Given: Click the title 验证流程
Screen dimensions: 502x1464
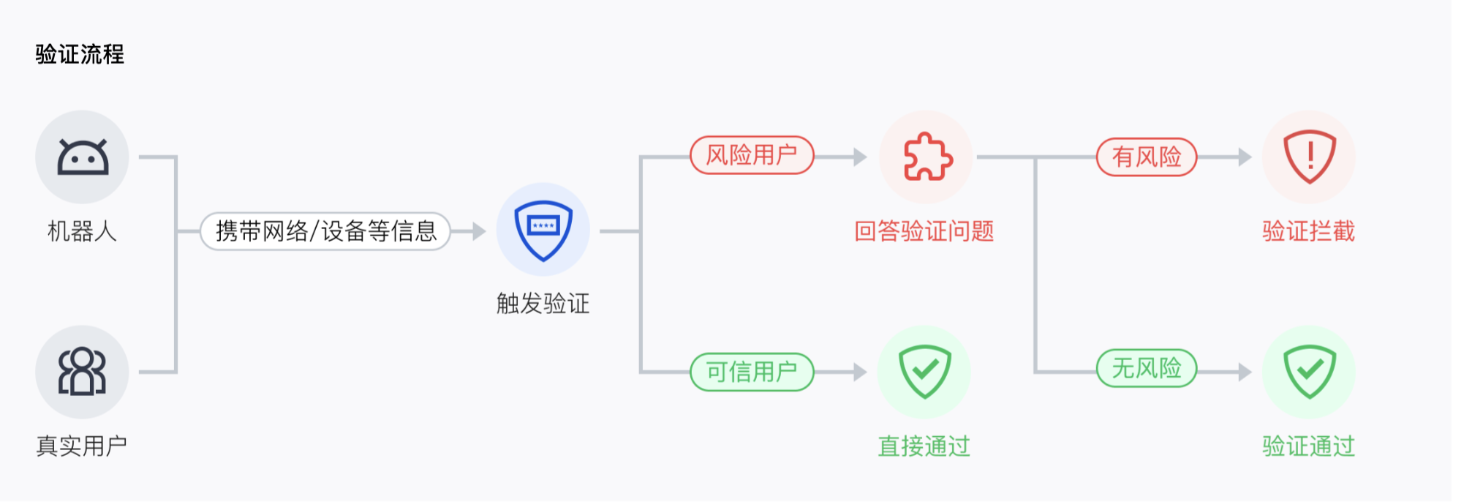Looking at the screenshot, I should (x=80, y=54).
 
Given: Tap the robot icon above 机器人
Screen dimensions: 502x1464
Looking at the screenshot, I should (x=82, y=157).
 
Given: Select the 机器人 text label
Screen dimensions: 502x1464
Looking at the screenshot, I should (x=82, y=231).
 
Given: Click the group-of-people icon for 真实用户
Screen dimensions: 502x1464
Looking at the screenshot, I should (x=82, y=372).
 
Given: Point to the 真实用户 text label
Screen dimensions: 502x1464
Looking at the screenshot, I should (x=82, y=446).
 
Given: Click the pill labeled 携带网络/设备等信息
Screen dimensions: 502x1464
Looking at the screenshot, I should (x=325, y=231).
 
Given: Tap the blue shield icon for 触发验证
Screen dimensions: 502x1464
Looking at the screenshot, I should (x=543, y=230).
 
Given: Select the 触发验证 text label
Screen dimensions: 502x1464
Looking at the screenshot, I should (x=543, y=303).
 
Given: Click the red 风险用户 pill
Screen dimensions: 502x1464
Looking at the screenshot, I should (x=752, y=155).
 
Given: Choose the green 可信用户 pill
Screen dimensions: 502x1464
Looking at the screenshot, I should (x=752, y=372).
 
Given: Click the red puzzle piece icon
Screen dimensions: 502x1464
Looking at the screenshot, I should (x=927, y=157).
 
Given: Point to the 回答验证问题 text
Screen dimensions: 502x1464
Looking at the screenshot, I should (x=924, y=231).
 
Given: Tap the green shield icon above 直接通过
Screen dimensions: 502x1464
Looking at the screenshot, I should (x=924, y=372).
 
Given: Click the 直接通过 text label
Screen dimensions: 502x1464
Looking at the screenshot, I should (x=924, y=446).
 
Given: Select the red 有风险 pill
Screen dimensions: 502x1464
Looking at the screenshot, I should (x=1146, y=157).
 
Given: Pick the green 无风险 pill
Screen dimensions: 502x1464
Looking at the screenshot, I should (x=1146, y=368).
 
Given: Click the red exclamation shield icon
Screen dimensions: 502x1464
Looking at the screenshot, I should (x=1309, y=157).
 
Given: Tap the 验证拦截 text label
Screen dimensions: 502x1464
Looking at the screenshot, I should (x=1308, y=231).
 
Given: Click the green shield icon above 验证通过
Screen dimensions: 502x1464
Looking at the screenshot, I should (x=1309, y=372).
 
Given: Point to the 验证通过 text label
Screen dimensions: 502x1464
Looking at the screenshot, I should (x=1308, y=446).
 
